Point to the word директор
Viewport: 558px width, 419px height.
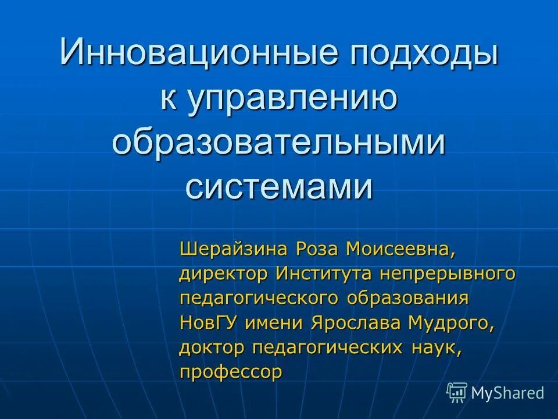pos(224,274)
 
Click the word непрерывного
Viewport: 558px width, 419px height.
pos(448,274)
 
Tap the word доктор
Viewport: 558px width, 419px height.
pos(213,347)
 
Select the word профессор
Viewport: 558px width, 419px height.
pos(231,372)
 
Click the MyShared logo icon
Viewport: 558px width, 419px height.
pos(456,393)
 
